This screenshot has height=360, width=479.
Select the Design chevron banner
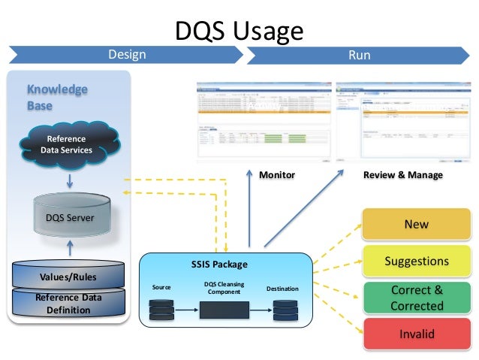[126, 55]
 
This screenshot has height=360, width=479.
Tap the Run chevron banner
[359, 55]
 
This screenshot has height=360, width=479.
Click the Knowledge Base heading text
[47, 98]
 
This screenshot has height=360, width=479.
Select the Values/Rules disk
[68, 277]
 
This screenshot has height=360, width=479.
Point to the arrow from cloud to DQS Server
[68, 181]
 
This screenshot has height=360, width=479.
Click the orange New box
[416, 224]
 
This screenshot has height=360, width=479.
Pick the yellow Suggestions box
[416, 262]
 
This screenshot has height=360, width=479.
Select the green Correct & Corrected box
[416, 298]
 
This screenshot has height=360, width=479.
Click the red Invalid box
[416, 334]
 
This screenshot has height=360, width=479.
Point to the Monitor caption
[277, 175]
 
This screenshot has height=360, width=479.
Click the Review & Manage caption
[402, 175]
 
